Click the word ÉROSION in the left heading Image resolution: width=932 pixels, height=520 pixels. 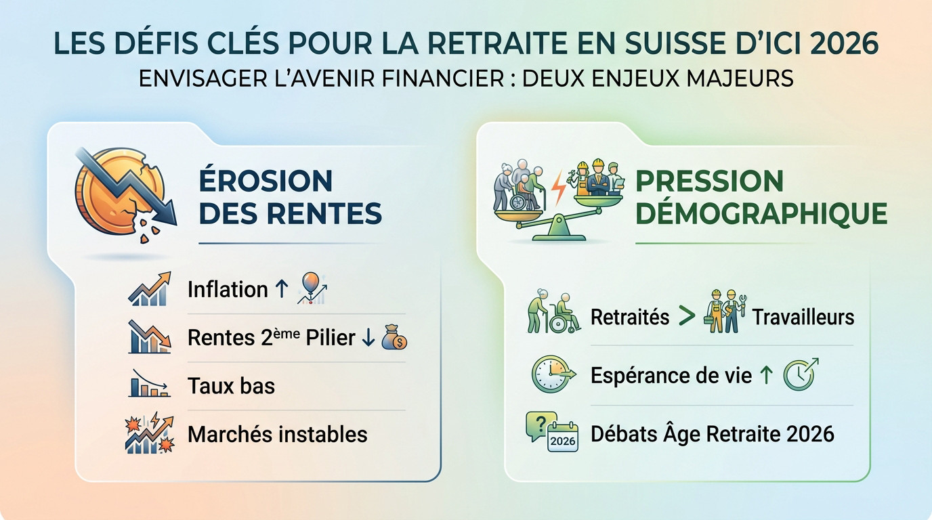tap(266, 181)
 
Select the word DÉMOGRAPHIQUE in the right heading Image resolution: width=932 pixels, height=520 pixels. tap(762, 213)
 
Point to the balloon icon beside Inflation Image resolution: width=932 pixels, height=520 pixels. tap(309, 286)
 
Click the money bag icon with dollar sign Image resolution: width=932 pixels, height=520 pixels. tap(394, 338)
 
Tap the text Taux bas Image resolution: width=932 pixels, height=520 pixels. tap(231, 386)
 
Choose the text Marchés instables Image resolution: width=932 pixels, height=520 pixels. tap(277, 434)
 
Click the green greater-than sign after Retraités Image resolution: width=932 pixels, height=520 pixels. tap(687, 316)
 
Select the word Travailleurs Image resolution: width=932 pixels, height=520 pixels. tap(803, 317)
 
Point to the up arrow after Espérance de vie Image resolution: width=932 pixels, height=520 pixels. tap(766, 374)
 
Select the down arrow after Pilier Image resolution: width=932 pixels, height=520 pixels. tap(368, 338)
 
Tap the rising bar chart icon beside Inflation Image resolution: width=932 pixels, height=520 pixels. tap(149, 289)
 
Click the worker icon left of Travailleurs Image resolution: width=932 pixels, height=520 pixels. tap(721, 312)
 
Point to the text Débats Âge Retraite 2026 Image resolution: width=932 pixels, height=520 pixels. tap(712, 433)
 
